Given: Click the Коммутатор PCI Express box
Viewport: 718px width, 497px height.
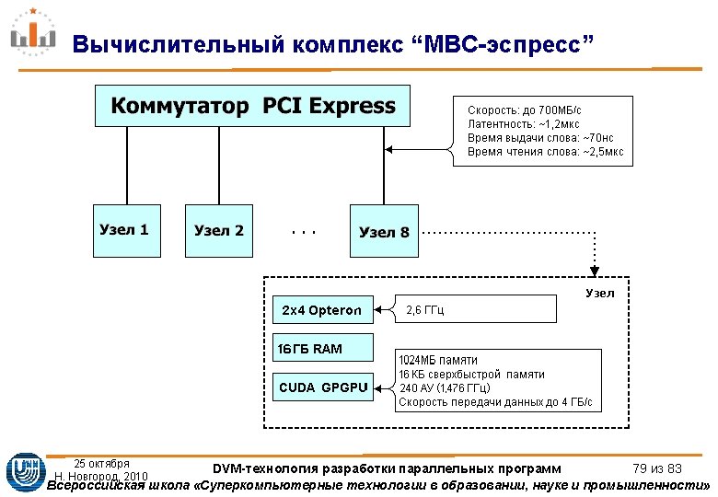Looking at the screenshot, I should point(253,107).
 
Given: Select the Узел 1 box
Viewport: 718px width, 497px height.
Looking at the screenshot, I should point(125,230).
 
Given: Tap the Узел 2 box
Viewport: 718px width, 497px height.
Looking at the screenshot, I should point(219,230).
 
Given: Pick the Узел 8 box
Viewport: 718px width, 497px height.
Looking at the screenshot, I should point(384,232).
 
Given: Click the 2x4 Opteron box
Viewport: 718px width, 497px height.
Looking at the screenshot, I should point(322,310).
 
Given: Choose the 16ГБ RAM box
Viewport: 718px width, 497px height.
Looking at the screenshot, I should point(322,348).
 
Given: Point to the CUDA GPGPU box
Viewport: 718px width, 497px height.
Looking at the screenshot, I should point(322,387).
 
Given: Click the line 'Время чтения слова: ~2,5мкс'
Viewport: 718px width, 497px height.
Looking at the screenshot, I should point(545,151).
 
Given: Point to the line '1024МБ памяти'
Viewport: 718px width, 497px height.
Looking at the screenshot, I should point(438,360).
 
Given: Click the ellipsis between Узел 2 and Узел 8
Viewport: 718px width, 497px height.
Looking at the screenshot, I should point(303,232).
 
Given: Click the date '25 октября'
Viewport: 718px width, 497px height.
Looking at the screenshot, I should point(101,463).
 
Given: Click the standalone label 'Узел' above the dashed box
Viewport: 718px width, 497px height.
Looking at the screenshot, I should point(599,293).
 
